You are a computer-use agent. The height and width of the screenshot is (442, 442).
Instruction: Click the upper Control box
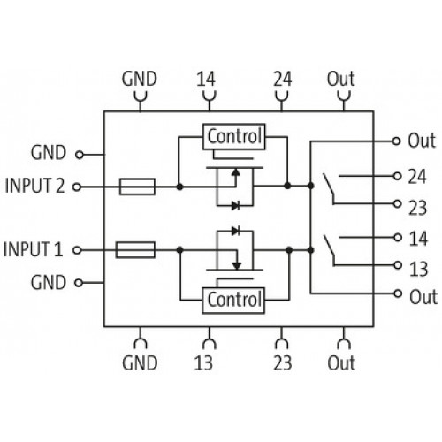click(233, 137)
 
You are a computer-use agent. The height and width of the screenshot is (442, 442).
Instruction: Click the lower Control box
click(233, 300)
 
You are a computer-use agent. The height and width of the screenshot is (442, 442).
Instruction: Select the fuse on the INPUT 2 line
click(137, 187)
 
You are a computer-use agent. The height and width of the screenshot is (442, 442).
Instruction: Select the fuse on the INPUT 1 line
click(135, 250)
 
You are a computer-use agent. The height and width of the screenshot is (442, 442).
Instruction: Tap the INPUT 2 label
click(34, 186)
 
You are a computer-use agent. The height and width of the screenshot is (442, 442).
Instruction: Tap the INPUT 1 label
click(33, 249)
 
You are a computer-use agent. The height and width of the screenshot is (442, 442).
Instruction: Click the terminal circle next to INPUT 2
click(77, 187)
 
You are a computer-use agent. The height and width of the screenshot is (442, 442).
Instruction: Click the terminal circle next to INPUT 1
click(77, 250)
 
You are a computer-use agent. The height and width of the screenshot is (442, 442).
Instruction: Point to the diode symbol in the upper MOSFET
click(236, 205)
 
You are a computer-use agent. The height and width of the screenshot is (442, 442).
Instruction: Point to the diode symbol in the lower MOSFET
click(236, 231)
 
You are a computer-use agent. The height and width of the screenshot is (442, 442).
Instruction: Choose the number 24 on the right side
click(417, 177)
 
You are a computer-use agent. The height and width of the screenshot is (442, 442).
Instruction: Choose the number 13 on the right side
click(418, 269)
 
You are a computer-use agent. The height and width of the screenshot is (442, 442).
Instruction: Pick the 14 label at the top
click(206, 79)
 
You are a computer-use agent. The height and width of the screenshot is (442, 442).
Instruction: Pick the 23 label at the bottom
click(283, 362)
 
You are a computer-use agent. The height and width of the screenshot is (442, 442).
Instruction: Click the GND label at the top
click(139, 79)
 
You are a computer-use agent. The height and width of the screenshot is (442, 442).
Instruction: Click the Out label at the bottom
click(341, 362)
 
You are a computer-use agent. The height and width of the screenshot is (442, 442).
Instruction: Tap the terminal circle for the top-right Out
click(396, 141)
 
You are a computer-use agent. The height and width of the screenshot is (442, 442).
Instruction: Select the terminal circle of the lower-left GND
click(79, 283)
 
